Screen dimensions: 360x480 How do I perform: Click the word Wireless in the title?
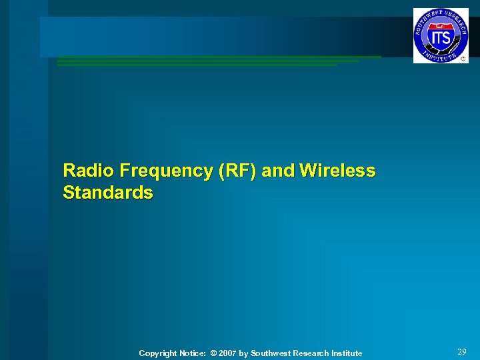pyautogui.click(x=338, y=171)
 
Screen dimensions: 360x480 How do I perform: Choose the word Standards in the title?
pyautogui.click(x=108, y=193)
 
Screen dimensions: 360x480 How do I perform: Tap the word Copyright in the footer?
pyautogui.click(x=157, y=353)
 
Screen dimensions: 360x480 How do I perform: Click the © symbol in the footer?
pyautogui.click(x=213, y=353)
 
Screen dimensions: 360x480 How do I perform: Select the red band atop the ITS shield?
pyautogui.click(x=439, y=26)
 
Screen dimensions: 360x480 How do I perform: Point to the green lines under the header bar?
pyautogui.click(x=213, y=61)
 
